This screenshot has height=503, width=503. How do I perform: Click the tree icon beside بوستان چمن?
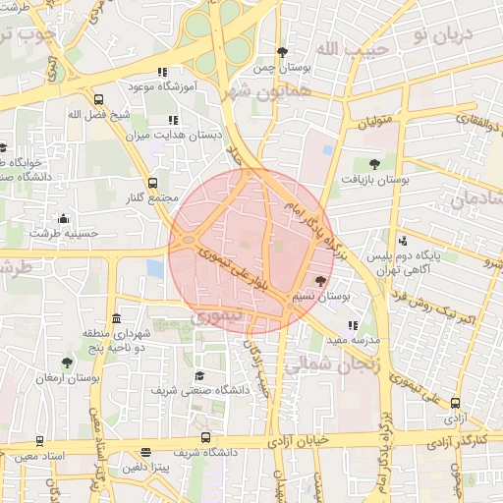pyautogui.click(x=283, y=52)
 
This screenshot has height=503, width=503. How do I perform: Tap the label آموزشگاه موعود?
pyautogui.click(x=163, y=87)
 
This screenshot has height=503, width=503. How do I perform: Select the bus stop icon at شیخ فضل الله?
pyautogui.click(x=98, y=99)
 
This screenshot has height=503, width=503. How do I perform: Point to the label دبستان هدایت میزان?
pyautogui.click(x=188, y=135)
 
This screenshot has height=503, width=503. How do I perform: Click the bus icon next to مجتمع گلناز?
pyautogui.click(x=152, y=183)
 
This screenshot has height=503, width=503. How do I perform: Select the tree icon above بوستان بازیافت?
pyautogui.click(x=373, y=164)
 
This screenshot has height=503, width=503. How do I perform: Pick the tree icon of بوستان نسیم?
pyautogui.click(x=320, y=281)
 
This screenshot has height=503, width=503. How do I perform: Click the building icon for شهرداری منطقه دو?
pyautogui.click(x=117, y=319)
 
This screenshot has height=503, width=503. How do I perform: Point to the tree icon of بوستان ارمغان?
pyautogui.click(x=67, y=363)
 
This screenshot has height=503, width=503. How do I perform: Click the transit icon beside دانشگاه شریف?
pyautogui.click(x=205, y=437)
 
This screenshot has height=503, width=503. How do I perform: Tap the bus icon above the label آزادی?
pyautogui.click(x=455, y=403)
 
